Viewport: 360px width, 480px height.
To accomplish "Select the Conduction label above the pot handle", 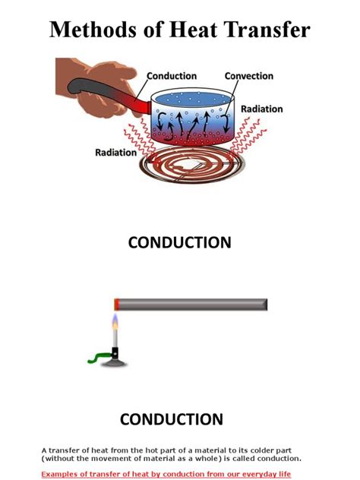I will coord(172,76).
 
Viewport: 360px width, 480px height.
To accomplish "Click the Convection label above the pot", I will coord(249,76).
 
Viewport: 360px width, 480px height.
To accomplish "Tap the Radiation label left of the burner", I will coord(115,152).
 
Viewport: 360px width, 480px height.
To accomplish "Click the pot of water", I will coord(193,118).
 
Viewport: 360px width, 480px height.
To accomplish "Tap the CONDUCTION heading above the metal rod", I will coord(180,243).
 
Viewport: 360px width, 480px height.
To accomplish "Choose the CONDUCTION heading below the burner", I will coord(172,419).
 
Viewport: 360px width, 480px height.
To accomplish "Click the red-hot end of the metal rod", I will coord(117,305).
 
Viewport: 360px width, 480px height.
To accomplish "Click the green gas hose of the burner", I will coord(96,356).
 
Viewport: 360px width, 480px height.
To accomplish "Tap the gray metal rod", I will coord(194,305).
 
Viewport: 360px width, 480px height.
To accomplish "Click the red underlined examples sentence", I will coord(166,473).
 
